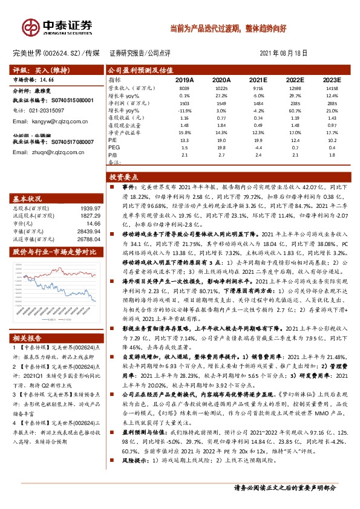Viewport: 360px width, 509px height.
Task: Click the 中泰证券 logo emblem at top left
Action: pyautogui.click(x=30, y=27)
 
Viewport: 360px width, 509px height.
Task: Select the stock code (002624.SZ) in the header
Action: pyautogui.click(x=64, y=53)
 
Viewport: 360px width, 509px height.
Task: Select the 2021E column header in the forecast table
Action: pyautogui.click(x=258, y=79)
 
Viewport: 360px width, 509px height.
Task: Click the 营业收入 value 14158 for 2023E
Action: pyautogui.click(x=332, y=88)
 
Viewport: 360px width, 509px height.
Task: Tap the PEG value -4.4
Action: pyautogui.click(x=258, y=147)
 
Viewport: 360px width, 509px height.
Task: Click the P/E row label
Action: pyautogui.click(x=113, y=140)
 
